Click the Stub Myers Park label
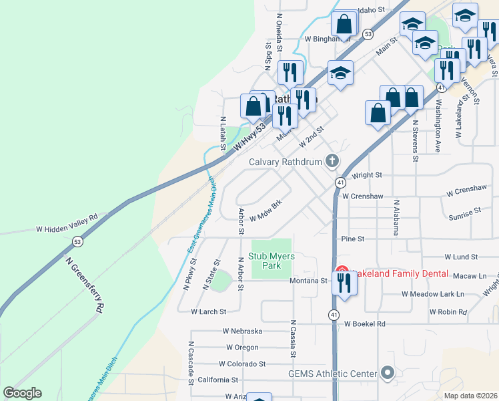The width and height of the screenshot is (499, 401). (272, 261)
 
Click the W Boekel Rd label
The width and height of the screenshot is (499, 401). (365, 324)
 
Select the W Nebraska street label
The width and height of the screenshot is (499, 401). (243, 331)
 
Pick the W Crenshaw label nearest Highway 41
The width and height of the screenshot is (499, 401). (362, 196)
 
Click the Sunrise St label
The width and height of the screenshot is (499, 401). (464, 213)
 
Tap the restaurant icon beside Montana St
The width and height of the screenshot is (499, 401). (344, 283)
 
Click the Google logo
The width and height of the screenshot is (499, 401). (22, 393)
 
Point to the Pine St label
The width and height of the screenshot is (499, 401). (352, 239)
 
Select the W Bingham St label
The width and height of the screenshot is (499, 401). (327, 39)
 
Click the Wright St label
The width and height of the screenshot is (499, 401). (367, 175)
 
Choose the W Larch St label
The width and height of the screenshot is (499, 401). (209, 311)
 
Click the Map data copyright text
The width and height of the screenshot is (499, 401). (470, 395)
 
